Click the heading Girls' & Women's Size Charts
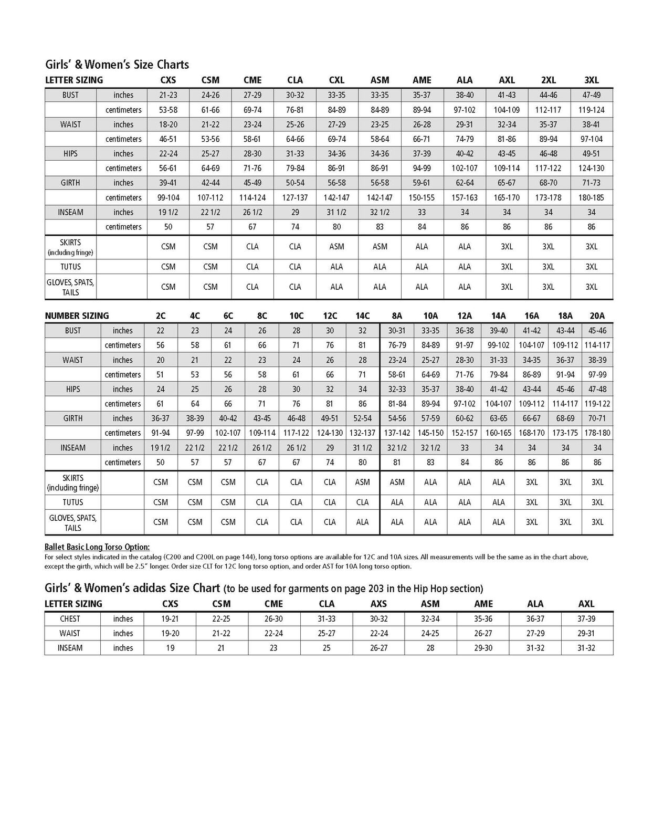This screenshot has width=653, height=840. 117,65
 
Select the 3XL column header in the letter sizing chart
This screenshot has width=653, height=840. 591,80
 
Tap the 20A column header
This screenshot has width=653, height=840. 597,316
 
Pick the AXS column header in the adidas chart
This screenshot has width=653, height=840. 378,604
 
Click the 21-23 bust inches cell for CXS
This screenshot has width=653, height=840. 168,95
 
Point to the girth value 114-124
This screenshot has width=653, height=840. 252,197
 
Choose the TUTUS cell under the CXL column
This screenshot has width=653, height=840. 336,267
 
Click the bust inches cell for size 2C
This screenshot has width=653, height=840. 161,331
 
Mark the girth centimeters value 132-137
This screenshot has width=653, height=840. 362,433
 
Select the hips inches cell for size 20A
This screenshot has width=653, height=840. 597,389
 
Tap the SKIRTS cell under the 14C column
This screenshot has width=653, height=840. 362,482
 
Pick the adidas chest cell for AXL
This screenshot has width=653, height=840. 586,619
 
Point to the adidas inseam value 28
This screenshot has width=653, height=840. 430,648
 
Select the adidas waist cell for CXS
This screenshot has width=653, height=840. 170,633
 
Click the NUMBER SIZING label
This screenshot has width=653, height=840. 77,316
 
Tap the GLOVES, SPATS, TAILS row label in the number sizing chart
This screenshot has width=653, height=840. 73,522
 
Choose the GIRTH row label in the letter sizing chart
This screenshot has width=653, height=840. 70,183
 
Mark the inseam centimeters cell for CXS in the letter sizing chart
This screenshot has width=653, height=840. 168,227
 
